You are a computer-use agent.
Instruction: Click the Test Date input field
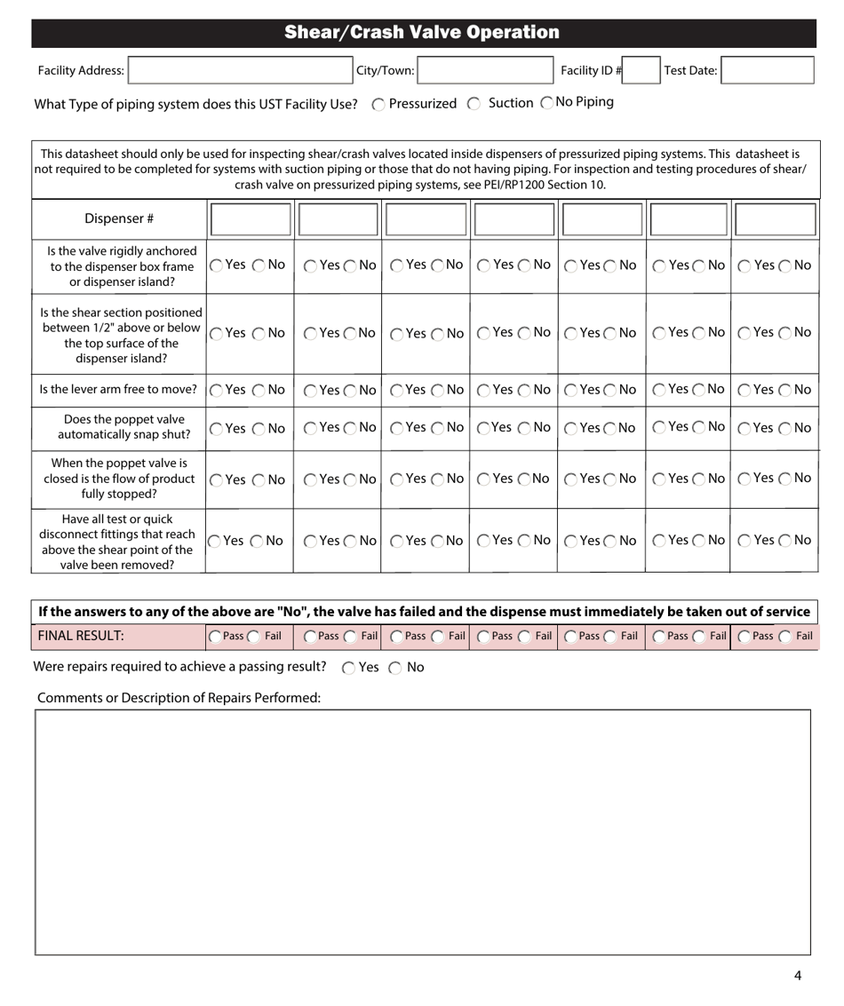click(x=767, y=71)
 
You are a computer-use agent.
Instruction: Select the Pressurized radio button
click(x=378, y=104)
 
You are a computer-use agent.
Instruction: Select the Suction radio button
click(x=474, y=104)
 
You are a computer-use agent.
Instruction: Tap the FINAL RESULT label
click(x=80, y=636)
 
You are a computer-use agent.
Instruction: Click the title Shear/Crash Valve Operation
click(x=422, y=33)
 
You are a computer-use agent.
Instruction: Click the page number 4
click(x=797, y=976)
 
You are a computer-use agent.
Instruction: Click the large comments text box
click(x=422, y=831)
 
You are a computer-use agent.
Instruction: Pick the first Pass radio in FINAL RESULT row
click(x=215, y=637)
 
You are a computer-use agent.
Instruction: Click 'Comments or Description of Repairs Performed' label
click(x=179, y=698)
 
